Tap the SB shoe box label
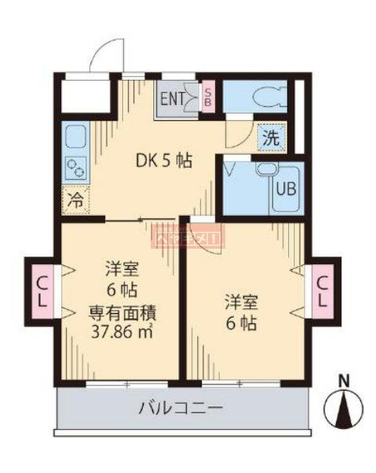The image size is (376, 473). [207, 97]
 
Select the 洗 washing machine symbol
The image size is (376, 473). [270, 137]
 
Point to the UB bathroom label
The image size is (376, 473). [284, 188]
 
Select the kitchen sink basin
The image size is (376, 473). [75, 138]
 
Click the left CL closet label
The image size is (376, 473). [41, 289]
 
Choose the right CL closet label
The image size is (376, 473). [322, 289]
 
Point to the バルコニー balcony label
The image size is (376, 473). [181, 408]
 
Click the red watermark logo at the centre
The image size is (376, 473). [188, 232]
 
